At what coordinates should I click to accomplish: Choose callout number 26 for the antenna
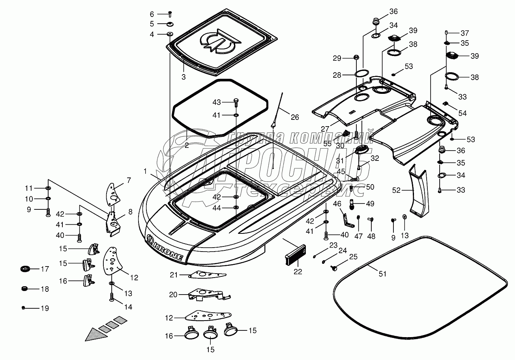click(x=295, y=117)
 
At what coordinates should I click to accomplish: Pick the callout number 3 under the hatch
click(x=183, y=77)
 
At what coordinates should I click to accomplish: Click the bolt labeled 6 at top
click(x=170, y=14)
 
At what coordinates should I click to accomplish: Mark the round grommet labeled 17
click(x=25, y=269)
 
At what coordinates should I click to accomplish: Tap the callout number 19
click(x=45, y=308)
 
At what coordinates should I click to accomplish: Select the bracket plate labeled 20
click(x=205, y=294)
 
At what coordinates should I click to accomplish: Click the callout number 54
click(x=462, y=114)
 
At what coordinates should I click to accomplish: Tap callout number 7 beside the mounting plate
click(x=129, y=180)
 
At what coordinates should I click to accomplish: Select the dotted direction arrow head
click(x=95, y=335)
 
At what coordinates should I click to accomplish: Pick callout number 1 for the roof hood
click(x=145, y=171)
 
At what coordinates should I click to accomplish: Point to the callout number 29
click(x=336, y=58)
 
